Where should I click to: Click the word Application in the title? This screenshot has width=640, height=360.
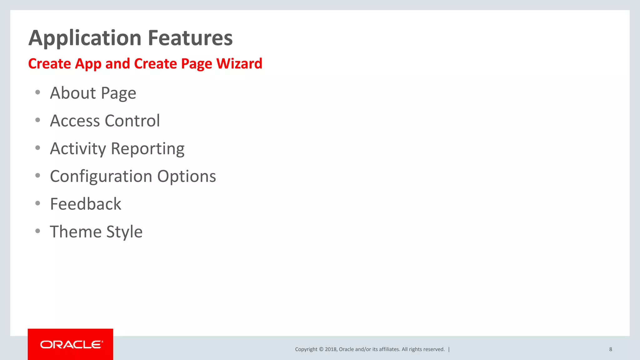point(85,38)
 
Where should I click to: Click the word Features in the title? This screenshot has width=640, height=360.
point(190,38)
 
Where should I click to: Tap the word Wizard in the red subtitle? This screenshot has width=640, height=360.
point(239,63)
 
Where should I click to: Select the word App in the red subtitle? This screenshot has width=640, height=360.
point(88,64)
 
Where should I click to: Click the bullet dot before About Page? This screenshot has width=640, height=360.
point(38,92)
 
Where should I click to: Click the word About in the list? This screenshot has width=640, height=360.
point(73,93)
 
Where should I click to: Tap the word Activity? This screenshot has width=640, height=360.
point(78,149)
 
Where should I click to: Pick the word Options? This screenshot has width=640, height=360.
point(187,177)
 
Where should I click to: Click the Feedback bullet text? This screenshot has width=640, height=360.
point(86,204)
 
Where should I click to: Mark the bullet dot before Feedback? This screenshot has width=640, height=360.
point(38,203)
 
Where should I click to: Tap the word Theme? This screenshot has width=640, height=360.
point(76,232)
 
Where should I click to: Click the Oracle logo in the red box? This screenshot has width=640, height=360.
point(71,344)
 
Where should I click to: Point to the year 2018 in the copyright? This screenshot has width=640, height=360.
point(330,349)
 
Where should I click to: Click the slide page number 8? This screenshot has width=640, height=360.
point(610,349)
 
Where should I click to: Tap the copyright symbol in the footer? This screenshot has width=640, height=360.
point(321,349)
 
